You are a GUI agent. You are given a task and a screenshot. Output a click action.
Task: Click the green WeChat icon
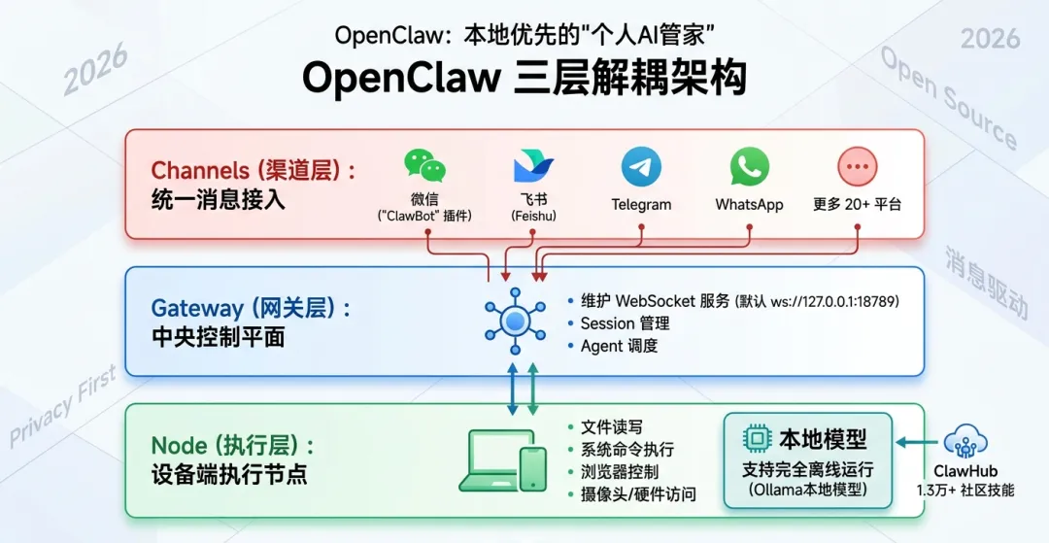click(425, 167)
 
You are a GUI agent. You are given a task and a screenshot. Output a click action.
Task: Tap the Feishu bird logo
click(533, 167)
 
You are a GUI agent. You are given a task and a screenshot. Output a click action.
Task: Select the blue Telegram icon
click(641, 167)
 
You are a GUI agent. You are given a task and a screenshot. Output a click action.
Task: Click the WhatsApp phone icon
click(749, 167)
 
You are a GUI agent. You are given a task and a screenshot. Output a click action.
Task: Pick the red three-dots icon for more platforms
click(857, 167)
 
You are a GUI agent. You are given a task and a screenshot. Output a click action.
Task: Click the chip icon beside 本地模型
click(757, 438)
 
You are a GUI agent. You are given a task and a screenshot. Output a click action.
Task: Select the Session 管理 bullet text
click(625, 323)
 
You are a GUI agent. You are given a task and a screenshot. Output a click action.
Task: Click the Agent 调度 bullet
click(619, 346)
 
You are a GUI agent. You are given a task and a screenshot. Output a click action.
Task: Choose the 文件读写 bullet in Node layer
click(611, 427)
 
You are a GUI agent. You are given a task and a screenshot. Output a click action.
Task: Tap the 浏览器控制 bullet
click(619, 472)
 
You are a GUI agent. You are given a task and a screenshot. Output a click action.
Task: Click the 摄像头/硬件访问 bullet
click(637, 494)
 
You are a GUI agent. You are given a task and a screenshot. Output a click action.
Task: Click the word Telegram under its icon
click(641, 205)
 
